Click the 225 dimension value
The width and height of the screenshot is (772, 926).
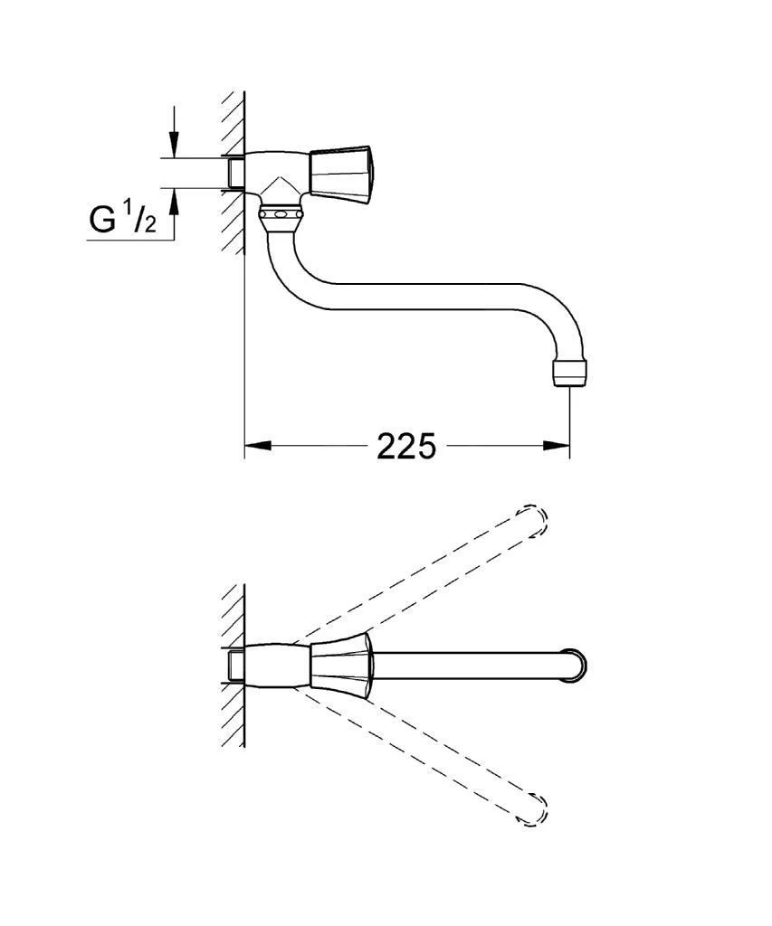[406, 446]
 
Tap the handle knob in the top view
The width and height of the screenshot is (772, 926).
[341, 666]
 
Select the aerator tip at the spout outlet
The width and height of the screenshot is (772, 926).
[569, 373]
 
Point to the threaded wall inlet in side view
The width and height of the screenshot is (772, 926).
[234, 172]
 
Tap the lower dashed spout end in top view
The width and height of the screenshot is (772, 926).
[535, 810]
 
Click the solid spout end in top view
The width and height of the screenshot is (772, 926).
[576, 665]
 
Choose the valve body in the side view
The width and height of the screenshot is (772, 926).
[276, 175]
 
